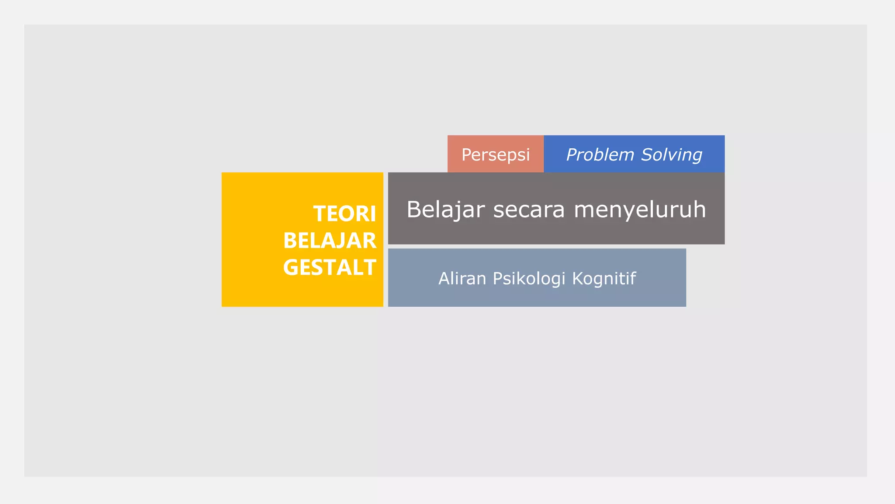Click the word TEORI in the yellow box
click(344, 214)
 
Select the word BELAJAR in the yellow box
click(330, 241)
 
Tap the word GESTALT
click(330, 267)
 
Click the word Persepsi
click(496, 155)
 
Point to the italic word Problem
click(600, 155)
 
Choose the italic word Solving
click(672, 155)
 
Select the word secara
click(529, 210)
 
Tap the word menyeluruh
click(639, 210)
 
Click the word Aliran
click(462, 279)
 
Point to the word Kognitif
click(604, 279)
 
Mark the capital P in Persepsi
click(466, 155)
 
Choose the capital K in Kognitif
click(577, 279)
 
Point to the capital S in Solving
click(647, 155)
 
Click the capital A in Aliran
click(444, 279)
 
